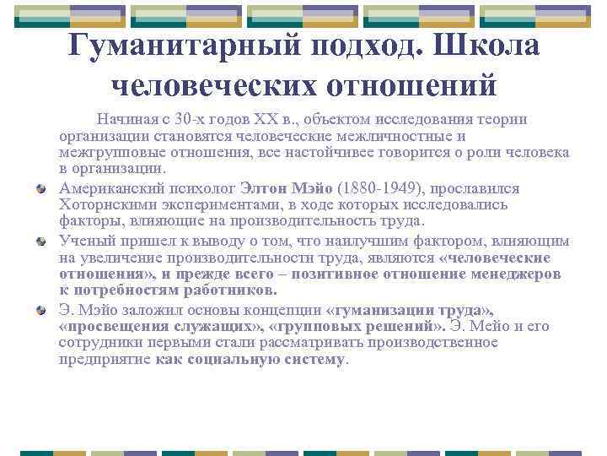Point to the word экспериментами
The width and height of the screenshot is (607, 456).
point(202,205)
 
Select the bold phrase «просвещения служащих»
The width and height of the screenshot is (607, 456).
point(161,325)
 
